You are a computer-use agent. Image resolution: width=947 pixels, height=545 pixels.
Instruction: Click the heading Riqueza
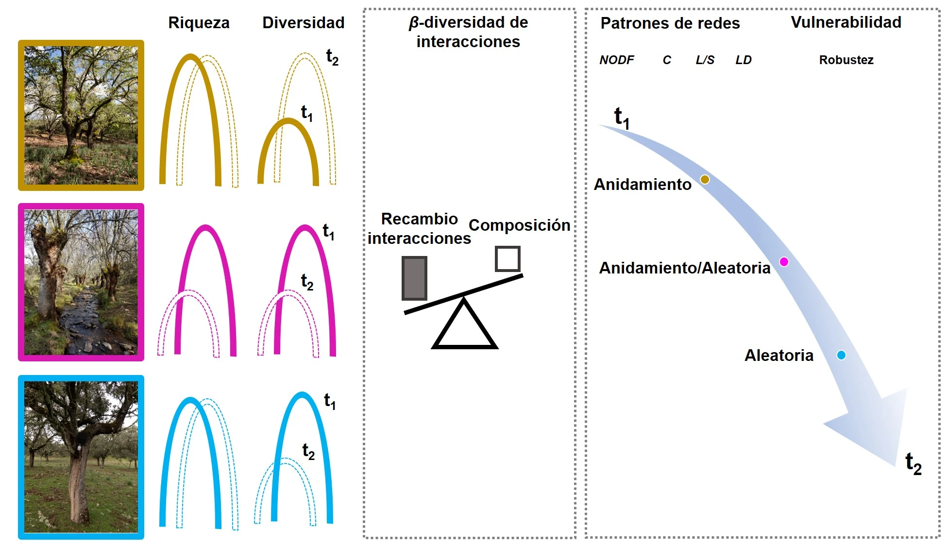point(199,23)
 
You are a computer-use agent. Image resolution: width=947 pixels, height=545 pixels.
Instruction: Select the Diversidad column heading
point(303,23)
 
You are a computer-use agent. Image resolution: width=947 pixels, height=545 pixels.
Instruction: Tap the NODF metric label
point(616,60)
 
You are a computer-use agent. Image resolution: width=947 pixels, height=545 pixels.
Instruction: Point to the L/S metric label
point(705,60)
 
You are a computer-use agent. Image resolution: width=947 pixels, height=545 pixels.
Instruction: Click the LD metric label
point(743,60)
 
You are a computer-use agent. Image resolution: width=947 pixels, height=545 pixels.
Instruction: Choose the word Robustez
point(846,60)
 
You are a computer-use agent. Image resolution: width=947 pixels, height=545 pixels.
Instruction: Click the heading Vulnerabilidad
point(846,22)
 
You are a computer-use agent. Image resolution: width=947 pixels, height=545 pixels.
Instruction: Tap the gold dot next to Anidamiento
point(705,180)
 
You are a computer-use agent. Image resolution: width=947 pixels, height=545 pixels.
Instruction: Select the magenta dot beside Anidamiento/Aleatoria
point(784,262)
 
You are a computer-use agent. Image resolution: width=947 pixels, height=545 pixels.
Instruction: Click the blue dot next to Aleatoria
point(841,355)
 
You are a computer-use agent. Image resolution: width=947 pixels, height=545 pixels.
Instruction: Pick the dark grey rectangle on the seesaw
point(414,278)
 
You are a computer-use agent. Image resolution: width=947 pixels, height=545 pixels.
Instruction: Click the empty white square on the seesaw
point(507,259)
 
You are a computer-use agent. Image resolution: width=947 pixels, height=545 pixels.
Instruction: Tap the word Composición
point(519,225)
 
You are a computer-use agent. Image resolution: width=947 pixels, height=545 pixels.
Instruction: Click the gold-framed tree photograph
point(81,115)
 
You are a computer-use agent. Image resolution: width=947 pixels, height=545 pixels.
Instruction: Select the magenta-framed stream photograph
point(81,282)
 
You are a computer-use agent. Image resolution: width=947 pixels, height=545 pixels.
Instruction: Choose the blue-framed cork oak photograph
point(81,457)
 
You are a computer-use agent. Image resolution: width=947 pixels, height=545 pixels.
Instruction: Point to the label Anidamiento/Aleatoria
point(684,268)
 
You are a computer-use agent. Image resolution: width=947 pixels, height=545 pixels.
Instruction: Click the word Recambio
point(419,219)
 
